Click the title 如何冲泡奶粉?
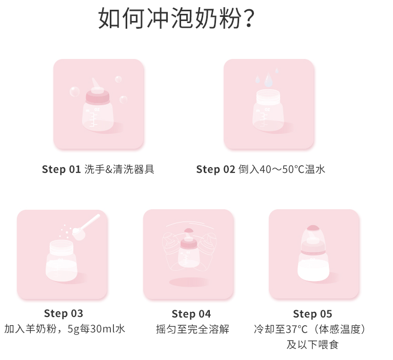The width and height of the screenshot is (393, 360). tap(176, 18)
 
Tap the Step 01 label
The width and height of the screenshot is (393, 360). tap(61, 169)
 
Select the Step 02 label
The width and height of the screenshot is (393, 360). tap(215, 169)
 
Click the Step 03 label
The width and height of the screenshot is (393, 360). tap(64, 313)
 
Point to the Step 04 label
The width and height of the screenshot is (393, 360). tap(191, 314)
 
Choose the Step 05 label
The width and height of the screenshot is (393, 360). tap(312, 314)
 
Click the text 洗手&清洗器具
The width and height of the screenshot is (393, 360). tap(120, 169)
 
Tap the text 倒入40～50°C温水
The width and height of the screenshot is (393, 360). tap(282, 169)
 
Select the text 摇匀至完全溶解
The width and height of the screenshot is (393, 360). tap(192, 329)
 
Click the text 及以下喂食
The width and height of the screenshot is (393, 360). tap(312, 345)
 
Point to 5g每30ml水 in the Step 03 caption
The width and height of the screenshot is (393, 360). tap(96, 329)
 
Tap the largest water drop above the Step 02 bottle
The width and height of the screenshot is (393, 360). tap(268, 79)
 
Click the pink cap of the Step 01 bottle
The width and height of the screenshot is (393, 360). tap(97, 97)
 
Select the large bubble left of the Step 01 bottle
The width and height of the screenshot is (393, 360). tap(74, 91)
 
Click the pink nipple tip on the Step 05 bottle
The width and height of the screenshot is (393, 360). tap(313, 228)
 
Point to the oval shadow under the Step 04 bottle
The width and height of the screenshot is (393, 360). tap(189, 282)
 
